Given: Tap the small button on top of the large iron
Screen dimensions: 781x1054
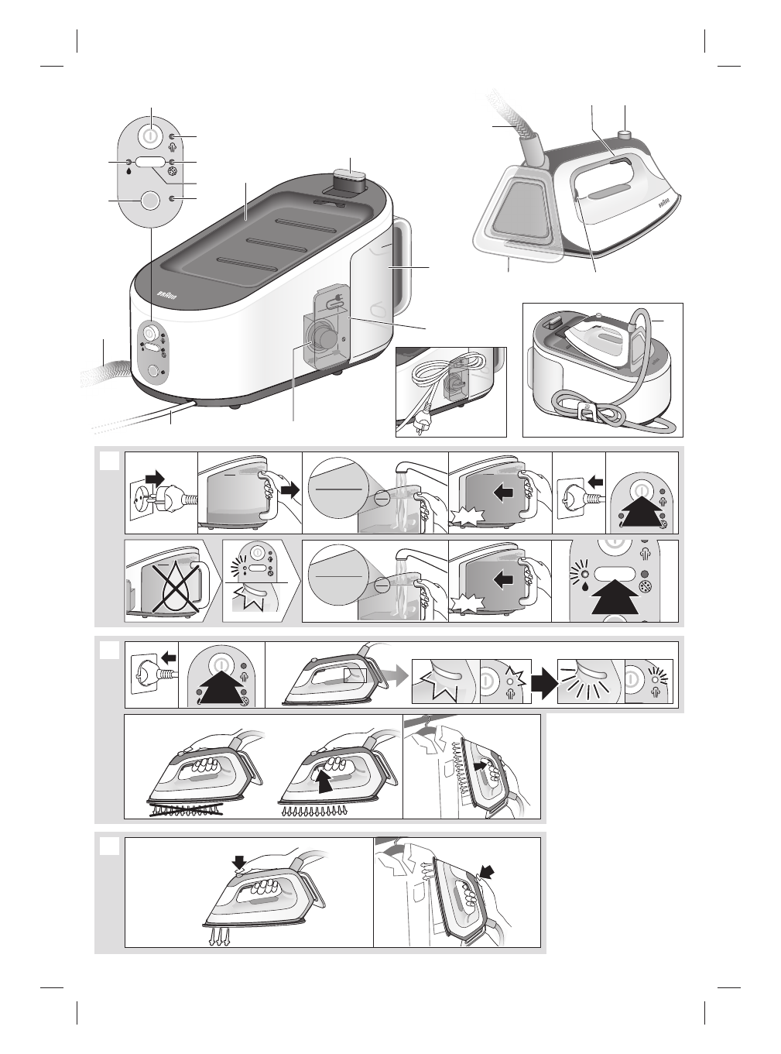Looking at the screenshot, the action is [625, 136].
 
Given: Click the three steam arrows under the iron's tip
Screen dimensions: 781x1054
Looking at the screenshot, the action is [219, 938].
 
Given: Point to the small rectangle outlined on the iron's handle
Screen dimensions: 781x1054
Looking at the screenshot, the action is [354, 675].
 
